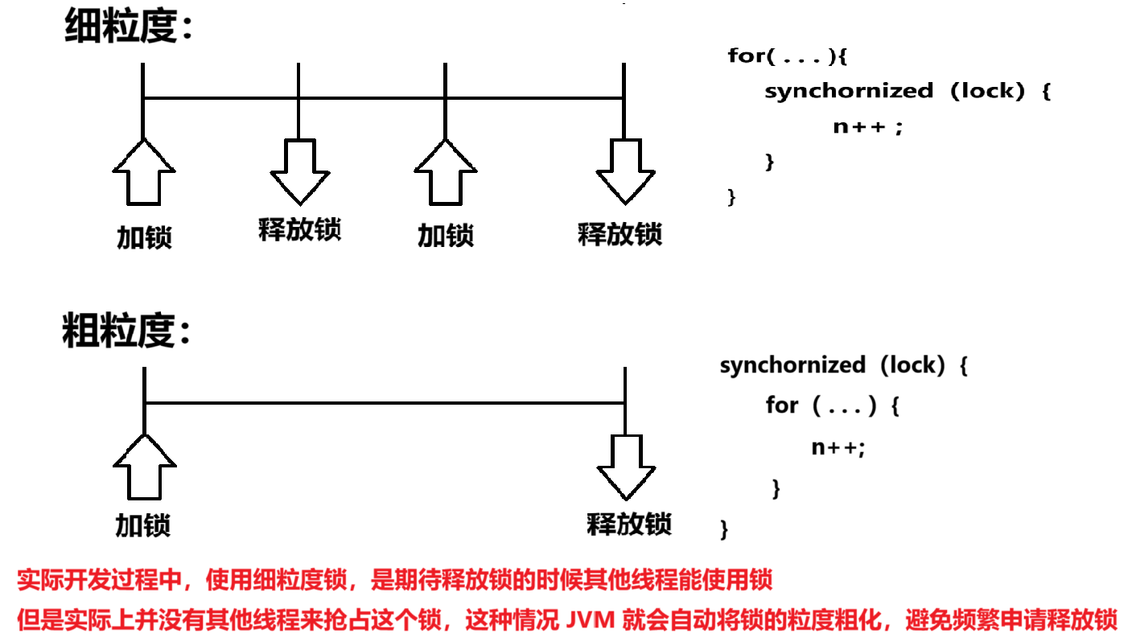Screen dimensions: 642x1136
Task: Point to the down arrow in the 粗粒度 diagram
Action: coord(626,467)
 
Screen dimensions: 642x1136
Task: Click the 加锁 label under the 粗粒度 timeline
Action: coord(143,526)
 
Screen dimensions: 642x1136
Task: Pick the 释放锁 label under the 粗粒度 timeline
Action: coord(629,525)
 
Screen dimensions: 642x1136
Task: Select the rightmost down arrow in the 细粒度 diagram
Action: coord(624,171)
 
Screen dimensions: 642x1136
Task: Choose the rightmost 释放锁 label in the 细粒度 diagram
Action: coord(619,234)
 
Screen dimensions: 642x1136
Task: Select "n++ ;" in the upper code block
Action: coord(868,126)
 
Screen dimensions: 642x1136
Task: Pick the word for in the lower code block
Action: coord(782,405)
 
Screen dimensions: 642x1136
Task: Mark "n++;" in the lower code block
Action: coord(838,448)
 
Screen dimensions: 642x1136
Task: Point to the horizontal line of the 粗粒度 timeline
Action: coord(385,402)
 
